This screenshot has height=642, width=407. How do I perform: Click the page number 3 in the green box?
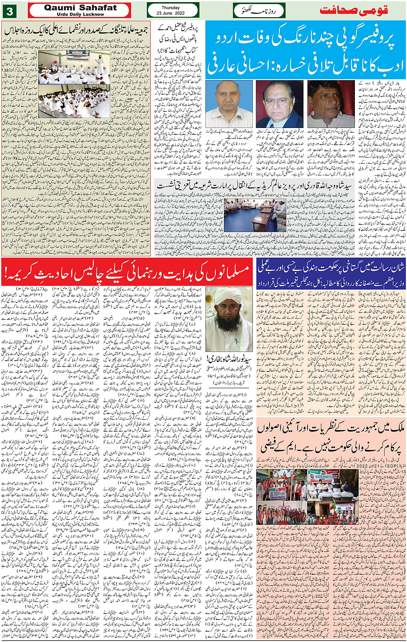coord(9,10)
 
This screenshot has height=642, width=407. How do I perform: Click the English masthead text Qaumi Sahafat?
coord(80,7)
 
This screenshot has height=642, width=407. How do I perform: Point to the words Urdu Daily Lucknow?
coord(80,14)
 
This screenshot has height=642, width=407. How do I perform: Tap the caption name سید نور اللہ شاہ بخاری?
coord(229,358)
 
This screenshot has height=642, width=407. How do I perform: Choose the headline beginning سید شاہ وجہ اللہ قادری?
coord(254,185)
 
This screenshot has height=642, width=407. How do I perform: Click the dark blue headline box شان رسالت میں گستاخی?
coord(331,272)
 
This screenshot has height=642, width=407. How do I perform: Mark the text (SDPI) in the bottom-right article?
coord(395,467)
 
